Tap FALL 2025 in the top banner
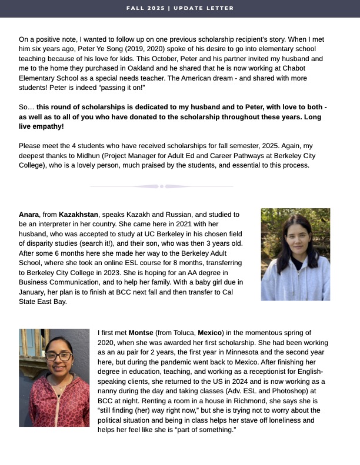click(146, 8)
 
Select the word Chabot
click(310, 68)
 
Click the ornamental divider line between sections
click(161, 186)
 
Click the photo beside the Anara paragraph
click(295, 254)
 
